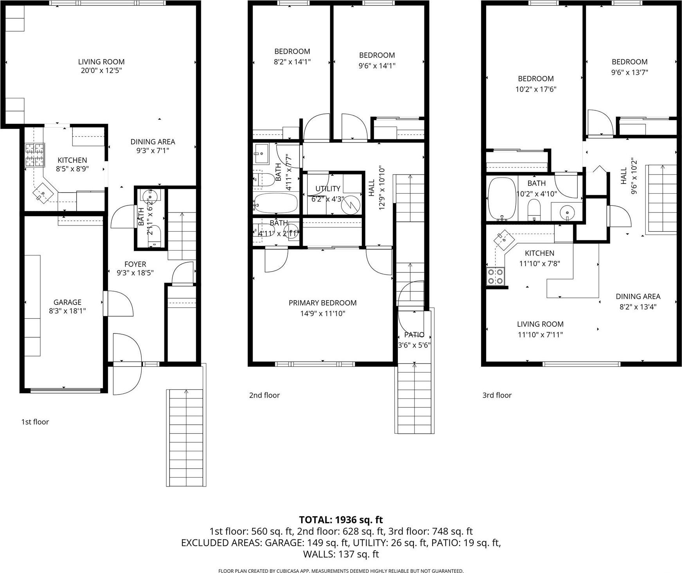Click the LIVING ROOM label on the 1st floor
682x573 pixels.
[101, 61]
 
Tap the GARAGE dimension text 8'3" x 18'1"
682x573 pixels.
[67, 311]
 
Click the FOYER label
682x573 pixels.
[135, 264]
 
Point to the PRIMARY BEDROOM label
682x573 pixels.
[322, 303]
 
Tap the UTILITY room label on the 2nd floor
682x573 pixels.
[328, 189]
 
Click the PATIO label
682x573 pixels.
[414, 335]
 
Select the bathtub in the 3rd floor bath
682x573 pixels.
[502, 199]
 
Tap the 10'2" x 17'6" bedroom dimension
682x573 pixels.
[536, 89]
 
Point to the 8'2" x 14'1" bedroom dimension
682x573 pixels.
[292, 61]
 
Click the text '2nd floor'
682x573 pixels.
[264, 395]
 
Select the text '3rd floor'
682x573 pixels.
[497, 395]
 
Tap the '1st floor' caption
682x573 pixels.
[35, 422]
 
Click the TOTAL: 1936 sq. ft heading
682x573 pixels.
[341, 520]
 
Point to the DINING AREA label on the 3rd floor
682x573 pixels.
[638, 296]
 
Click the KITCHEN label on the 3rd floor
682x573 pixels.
[539, 253]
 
